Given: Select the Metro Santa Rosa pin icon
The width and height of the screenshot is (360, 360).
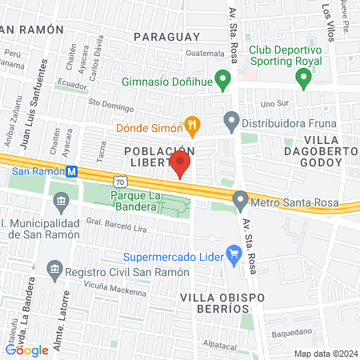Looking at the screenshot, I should tap(240, 200).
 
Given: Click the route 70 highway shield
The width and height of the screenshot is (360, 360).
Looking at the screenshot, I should tap(119, 183).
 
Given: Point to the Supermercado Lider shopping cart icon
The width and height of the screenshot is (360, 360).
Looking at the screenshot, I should tap(234, 257).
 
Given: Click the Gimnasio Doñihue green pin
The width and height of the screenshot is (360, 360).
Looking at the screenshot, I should tap(224, 80).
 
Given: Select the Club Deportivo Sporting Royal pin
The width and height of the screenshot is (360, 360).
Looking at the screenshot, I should tap(303, 79).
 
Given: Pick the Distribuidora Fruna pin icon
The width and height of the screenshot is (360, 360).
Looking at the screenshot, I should tap(232, 122).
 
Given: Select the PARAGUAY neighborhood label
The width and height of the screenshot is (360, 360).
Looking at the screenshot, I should tap(166, 37).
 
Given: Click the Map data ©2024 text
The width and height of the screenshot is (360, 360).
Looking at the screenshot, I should tap(325, 354).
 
